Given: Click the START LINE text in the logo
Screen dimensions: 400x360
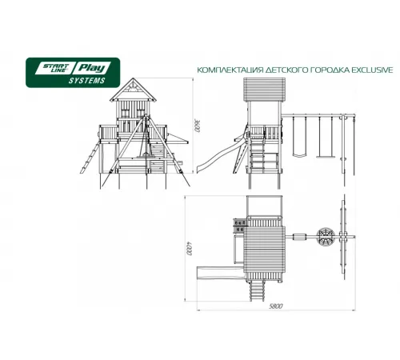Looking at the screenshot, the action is (52, 68).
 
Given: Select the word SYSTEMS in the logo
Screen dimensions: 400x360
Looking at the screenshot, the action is (87, 81).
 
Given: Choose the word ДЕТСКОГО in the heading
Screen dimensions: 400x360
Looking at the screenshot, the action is (285, 70).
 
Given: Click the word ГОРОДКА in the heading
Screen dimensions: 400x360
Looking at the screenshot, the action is (330, 70).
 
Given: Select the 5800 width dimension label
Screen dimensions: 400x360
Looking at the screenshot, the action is (275, 306).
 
